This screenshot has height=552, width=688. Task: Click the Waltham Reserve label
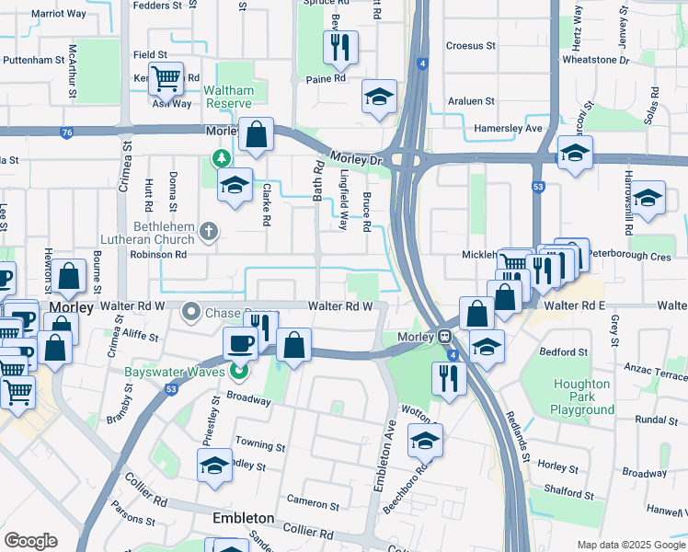[x=229, y=98]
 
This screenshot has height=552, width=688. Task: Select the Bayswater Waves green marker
[x=239, y=372]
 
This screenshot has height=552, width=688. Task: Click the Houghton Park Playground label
[x=583, y=397]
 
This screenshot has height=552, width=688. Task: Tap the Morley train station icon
[x=444, y=338]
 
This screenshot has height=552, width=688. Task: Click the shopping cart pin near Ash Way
[x=166, y=79]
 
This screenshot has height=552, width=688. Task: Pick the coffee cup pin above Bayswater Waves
[x=241, y=343]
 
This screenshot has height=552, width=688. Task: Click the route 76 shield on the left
[x=66, y=132]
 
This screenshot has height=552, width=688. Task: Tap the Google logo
[x=30, y=541]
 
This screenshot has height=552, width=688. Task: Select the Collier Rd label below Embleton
[x=307, y=533]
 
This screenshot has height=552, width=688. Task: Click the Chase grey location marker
[x=191, y=312]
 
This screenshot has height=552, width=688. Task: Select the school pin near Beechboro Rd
[x=425, y=442]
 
